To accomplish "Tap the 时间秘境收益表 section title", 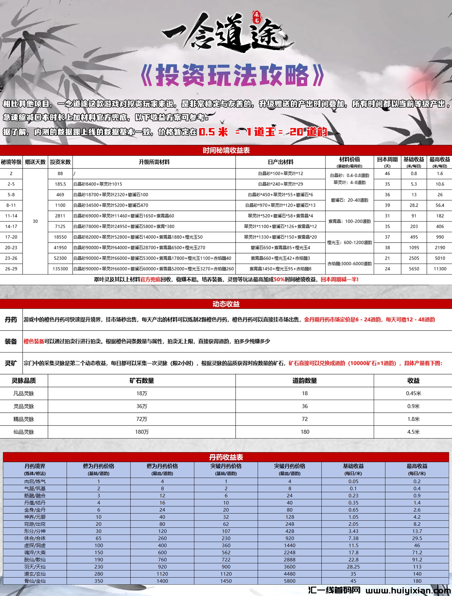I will [226, 150].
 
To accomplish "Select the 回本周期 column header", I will [387, 162].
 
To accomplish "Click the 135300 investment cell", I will [60, 269].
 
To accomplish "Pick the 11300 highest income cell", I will [440, 269].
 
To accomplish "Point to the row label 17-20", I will [11, 237].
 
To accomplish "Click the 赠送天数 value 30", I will [35, 221].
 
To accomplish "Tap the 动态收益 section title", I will [226, 304].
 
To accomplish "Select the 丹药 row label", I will [11, 320].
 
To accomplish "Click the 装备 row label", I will [11, 341].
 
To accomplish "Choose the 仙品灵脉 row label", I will [24, 432].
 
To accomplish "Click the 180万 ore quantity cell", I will [142, 432].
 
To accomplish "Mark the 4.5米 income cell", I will [413, 432].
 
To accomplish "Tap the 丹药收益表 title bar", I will [226, 457].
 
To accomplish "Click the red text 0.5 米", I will [213, 132].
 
